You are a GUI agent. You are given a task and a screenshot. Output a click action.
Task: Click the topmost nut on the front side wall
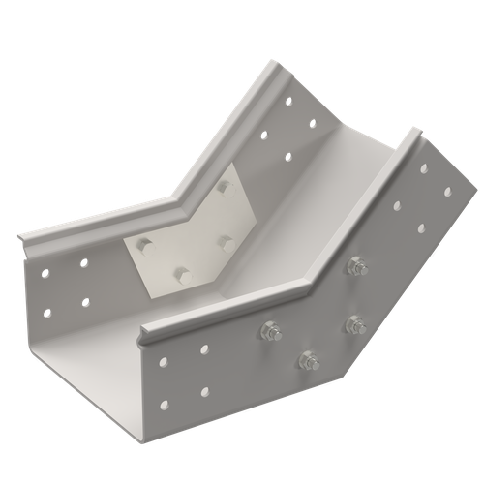356,264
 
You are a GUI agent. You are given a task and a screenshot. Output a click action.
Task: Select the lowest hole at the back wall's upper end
287,155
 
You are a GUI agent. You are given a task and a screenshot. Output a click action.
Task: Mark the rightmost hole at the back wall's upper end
313,122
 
